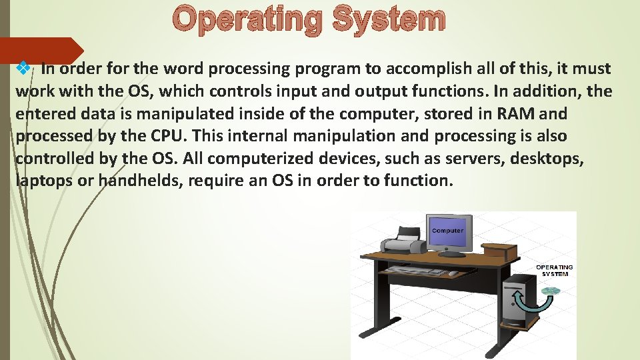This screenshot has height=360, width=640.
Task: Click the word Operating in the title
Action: tap(247, 20)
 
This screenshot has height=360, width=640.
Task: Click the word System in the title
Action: tap(389, 20)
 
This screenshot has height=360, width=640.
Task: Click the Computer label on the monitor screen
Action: tap(447, 231)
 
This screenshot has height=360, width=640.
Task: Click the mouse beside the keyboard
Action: tap(453, 273)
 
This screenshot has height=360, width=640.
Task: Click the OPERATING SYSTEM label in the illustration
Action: tap(555, 271)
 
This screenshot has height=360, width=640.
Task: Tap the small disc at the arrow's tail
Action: tap(551, 291)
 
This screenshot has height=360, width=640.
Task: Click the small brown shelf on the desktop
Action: tap(499, 253)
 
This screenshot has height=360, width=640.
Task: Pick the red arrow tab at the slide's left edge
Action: tap(40, 51)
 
